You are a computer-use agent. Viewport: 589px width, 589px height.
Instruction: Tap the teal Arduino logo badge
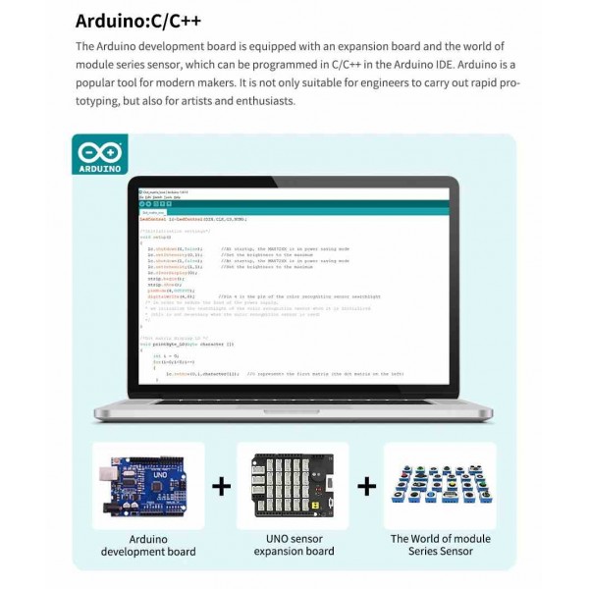point(99,157)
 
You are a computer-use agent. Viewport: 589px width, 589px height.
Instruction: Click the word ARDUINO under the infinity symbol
point(99,169)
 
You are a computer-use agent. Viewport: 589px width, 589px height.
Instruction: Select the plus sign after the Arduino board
point(223,486)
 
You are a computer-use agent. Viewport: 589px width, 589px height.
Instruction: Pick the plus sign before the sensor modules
point(367,486)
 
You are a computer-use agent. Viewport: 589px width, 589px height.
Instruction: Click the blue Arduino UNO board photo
point(148,486)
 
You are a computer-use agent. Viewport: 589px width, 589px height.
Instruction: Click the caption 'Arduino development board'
point(148,545)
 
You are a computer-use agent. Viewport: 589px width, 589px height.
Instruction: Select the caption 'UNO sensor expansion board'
point(294,545)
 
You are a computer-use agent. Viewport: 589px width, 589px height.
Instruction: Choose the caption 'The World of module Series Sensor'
point(441,545)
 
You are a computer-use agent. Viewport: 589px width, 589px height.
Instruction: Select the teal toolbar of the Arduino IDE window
point(294,205)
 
